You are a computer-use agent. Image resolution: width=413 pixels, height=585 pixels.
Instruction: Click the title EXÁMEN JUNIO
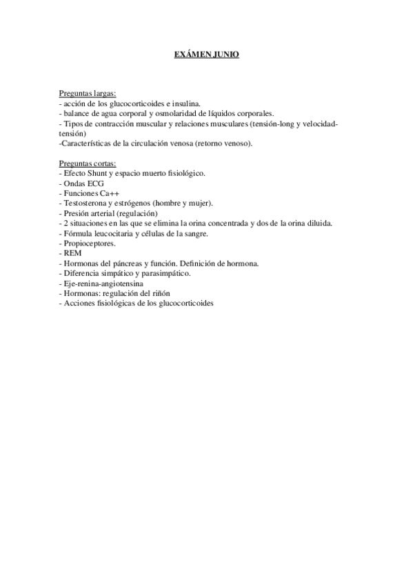click(x=206, y=54)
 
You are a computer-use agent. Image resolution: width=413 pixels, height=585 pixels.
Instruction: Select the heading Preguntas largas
click(x=88, y=93)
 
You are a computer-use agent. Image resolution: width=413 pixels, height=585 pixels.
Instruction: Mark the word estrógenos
click(x=137, y=204)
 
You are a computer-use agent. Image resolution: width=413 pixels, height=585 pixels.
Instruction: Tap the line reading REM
click(x=72, y=254)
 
